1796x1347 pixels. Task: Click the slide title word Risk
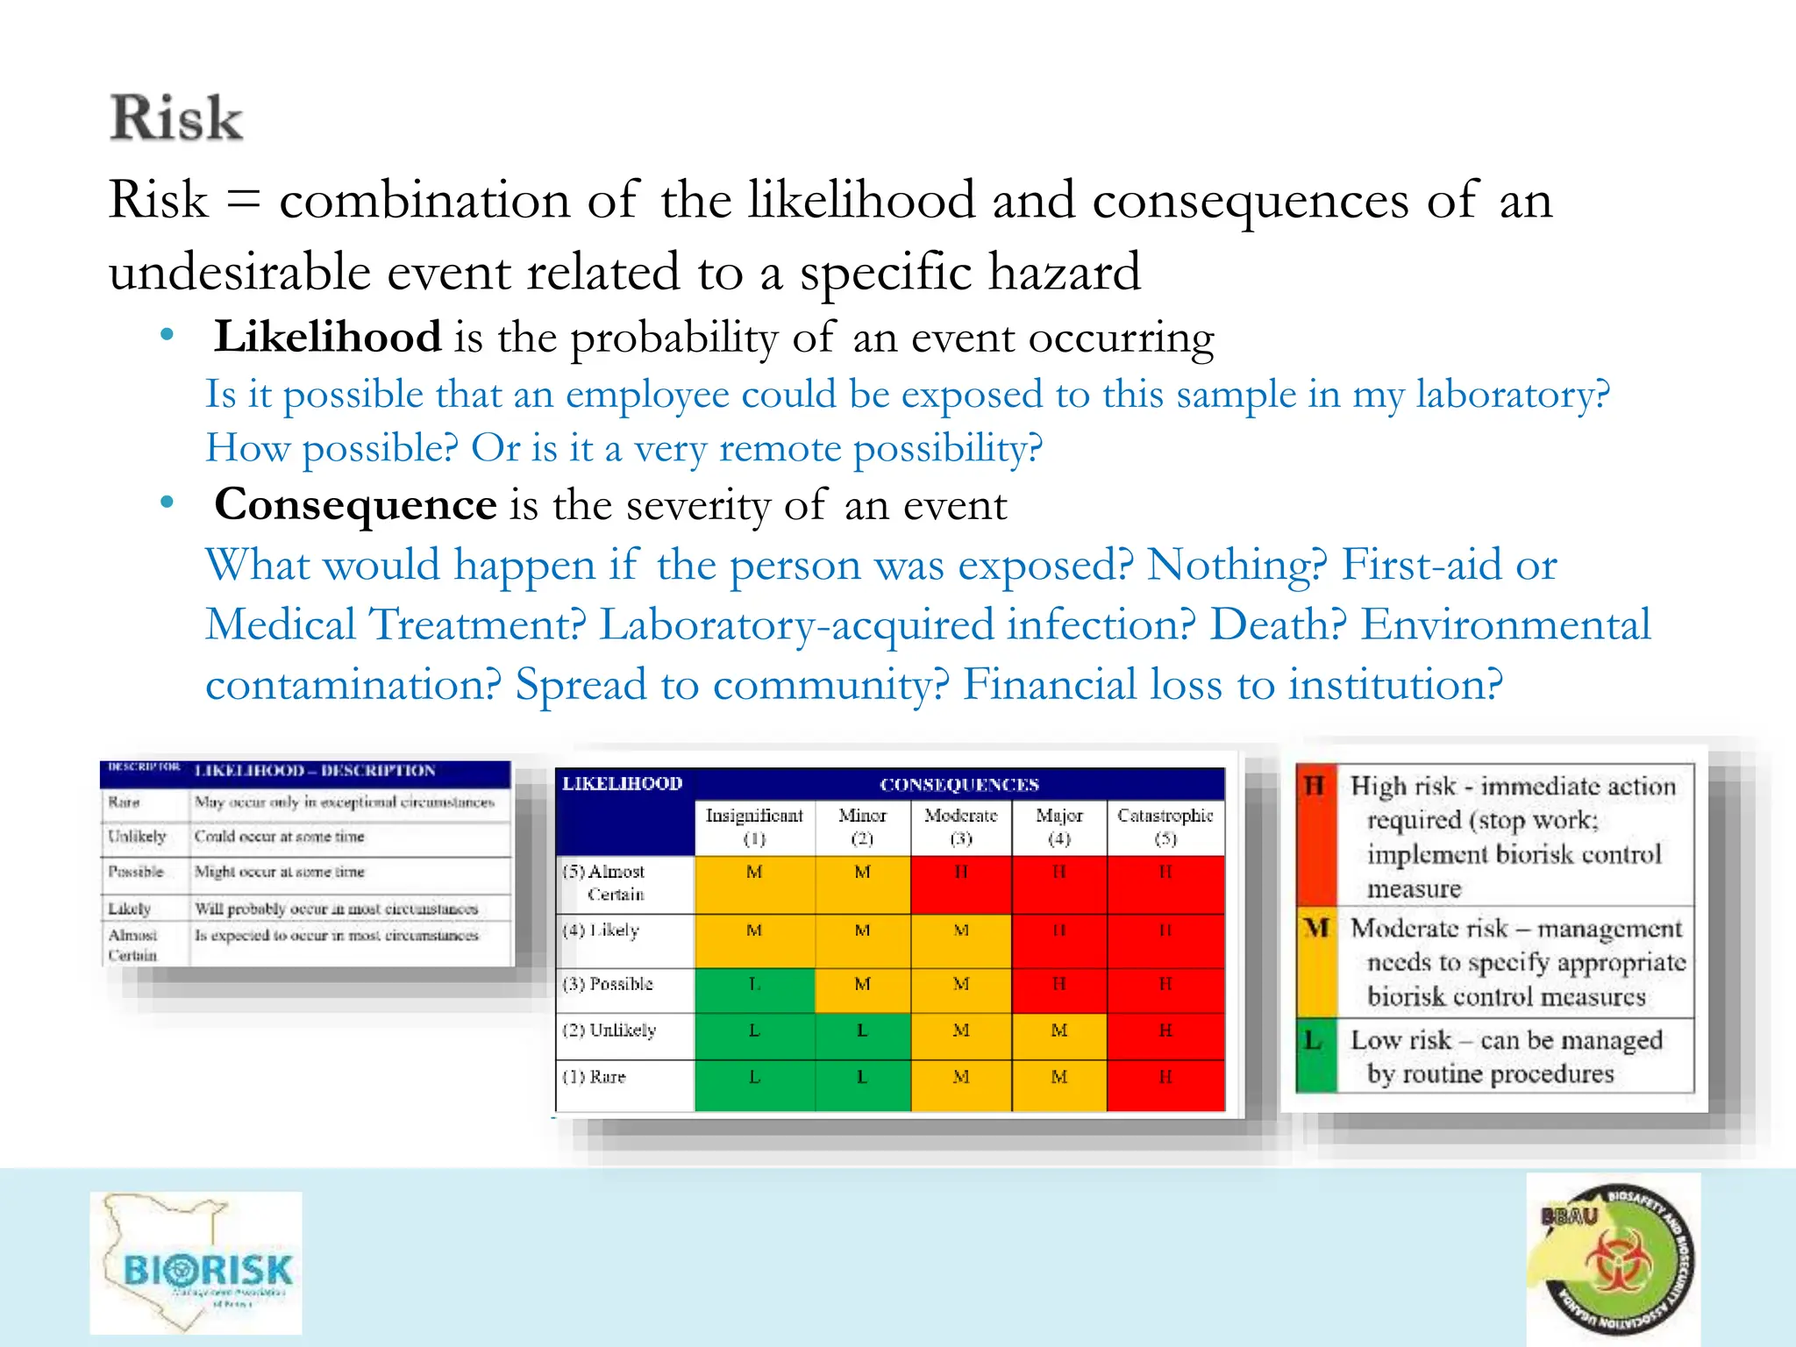(x=176, y=118)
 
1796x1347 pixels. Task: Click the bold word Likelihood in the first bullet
(x=327, y=338)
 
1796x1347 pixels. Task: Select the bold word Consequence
(x=355, y=505)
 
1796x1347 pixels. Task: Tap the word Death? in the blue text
(x=1278, y=625)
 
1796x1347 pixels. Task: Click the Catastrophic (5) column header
(x=1165, y=826)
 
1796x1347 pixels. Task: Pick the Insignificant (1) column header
(x=754, y=826)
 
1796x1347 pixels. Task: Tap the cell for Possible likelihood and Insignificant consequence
(x=754, y=985)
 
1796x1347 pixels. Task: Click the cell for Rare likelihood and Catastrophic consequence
(x=1165, y=1077)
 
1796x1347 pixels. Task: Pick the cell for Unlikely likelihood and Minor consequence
(x=862, y=1031)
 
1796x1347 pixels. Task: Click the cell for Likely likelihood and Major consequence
(x=1059, y=931)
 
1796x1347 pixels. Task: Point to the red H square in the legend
(x=1315, y=833)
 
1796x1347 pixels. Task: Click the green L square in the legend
(x=1315, y=1055)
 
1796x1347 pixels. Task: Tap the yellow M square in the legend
(x=1315, y=962)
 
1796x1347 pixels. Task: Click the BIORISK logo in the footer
(x=196, y=1263)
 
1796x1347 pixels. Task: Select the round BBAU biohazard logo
(x=1614, y=1259)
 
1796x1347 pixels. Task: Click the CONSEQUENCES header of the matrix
(x=959, y=785)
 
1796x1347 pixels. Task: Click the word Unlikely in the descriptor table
(x=137, y=837)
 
